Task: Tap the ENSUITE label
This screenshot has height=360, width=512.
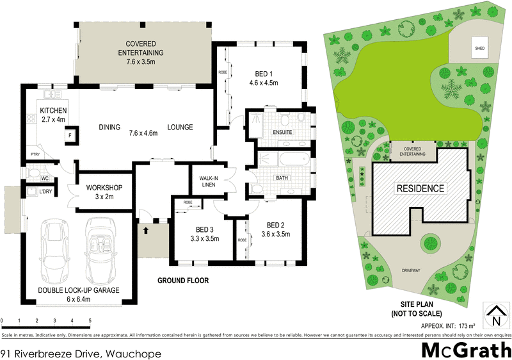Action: (282, 132)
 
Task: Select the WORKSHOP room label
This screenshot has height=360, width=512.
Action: (104, 192)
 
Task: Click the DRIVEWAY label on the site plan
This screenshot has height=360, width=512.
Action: (411, 270)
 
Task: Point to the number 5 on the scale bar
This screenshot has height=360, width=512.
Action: (90, 320)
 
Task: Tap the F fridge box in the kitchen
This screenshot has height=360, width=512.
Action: (69, 136)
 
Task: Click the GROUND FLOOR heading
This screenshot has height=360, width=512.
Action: (183, 281)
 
